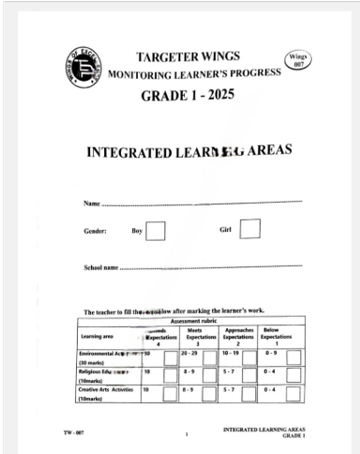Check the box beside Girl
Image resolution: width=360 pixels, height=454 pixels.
[x=250, y=228]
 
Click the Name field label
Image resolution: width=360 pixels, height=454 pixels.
[x=92, y=203]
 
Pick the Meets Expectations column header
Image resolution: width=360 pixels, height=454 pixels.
[x=201, y=336]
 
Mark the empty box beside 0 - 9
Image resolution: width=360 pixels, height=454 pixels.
[x=293, y=357]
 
